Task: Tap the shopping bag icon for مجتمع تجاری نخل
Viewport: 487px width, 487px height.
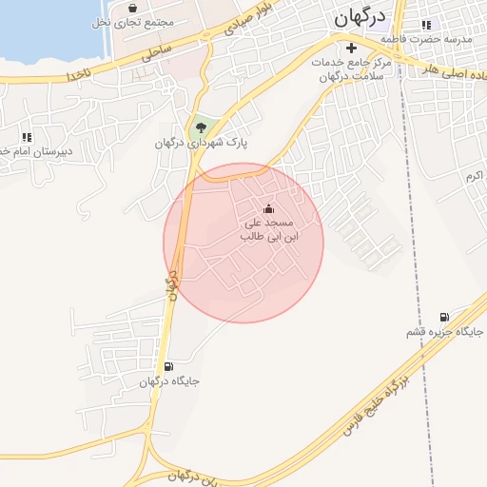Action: (x=132, y=8)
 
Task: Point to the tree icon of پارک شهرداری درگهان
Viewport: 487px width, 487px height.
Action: (x=201, y=127)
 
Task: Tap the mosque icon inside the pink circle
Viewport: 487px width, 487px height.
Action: (x=268, y=208)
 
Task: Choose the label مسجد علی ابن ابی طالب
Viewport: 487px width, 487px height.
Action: (x=268, y=228)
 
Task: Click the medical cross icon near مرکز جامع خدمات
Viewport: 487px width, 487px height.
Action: (x=351, y=47)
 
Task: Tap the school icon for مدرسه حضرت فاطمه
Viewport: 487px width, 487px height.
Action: (x=426, y=25)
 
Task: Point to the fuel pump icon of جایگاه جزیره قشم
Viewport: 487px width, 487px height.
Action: (x=444, y=318)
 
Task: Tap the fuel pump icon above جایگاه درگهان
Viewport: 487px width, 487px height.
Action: (x=168, y=366)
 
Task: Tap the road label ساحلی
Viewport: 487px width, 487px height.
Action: (x=156, y=53)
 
